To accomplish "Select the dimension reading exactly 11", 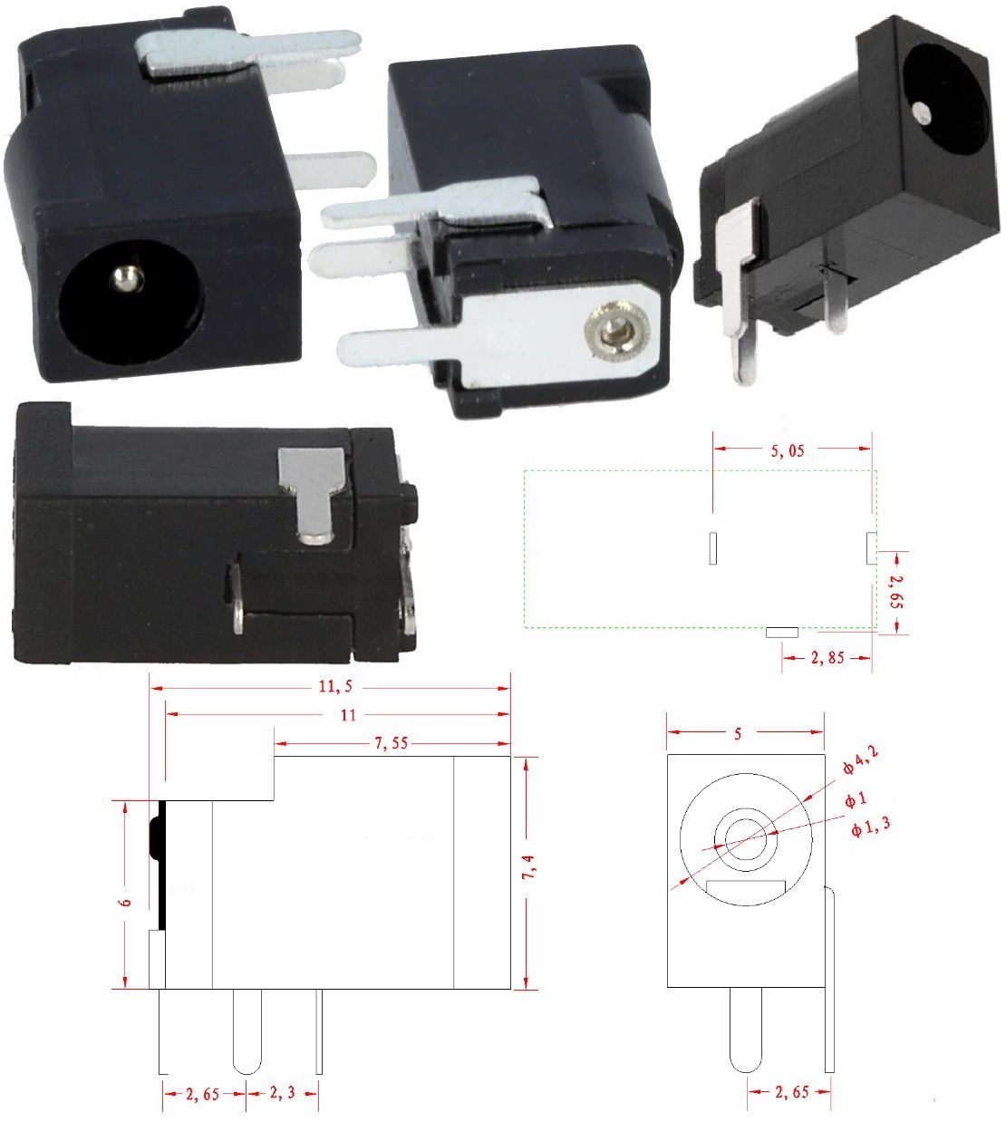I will [347, 715].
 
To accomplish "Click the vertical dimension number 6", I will [128, 902].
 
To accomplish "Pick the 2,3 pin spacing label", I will [282, 1094].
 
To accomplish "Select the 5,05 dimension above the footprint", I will [788, 450].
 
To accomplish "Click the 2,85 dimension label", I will [826, 657].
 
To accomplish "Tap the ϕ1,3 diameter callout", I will [869, 827].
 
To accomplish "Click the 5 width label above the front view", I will [738, 734].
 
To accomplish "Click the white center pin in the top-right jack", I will [922, 112].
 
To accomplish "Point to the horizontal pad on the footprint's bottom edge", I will [781, 631].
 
